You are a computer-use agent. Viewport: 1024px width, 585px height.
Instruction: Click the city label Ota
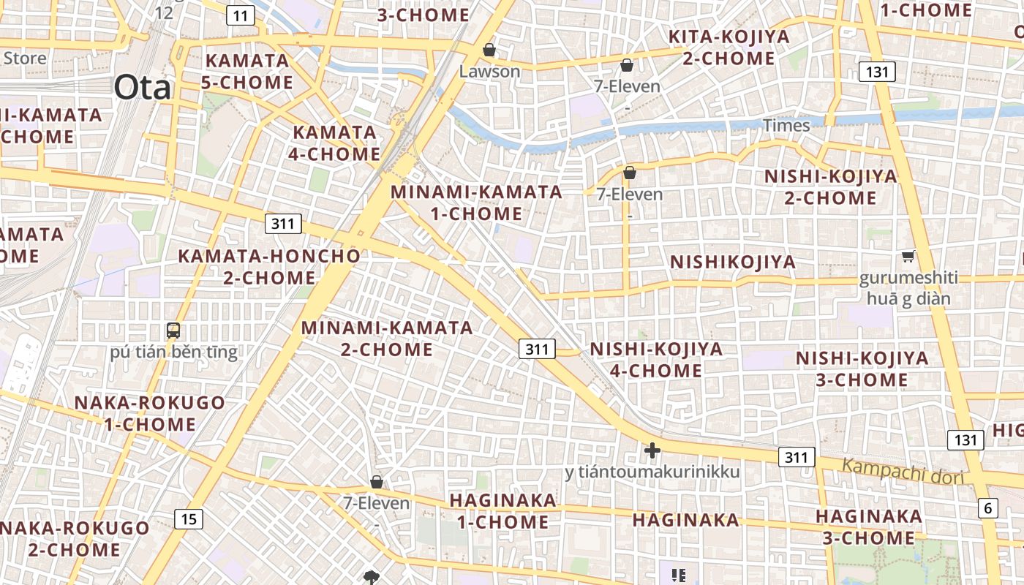click(142, 88)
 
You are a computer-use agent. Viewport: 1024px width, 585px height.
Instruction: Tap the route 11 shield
click(241, 15)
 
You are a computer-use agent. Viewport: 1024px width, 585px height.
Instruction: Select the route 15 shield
click(189, 519)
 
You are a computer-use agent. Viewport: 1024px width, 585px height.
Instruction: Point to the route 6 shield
click(988, 507)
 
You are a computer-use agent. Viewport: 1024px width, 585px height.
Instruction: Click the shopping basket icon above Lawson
click(489, 50)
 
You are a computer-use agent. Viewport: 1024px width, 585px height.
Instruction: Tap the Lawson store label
click(489, 71)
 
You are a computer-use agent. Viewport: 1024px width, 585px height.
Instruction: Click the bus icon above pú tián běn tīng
click(173, 331)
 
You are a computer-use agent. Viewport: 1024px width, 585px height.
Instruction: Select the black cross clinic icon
click(652, 450)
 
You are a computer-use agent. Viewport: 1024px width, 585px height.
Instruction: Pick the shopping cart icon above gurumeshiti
click(908, 256)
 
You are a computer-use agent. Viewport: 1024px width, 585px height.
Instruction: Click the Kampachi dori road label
click(903, 471)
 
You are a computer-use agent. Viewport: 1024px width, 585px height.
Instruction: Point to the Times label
click(786, 125)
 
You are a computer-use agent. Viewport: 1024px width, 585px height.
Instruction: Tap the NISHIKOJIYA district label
click(733, 262)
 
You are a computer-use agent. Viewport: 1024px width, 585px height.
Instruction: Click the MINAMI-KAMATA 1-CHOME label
click(477, 203)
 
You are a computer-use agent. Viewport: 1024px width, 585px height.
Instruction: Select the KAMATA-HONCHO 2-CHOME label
click(269, 267)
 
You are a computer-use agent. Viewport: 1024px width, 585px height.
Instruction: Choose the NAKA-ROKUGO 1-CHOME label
click(149, 413)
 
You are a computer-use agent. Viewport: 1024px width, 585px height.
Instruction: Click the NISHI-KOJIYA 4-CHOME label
click(656, 359)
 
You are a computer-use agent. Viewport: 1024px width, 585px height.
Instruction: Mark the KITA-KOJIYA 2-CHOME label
click(729, 47)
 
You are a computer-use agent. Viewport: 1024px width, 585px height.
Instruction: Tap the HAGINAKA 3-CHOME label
click(869, 526)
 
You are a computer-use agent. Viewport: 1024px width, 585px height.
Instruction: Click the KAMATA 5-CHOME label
click(247, 71)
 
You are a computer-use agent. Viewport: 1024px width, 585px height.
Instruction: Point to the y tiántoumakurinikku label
click(652, 472)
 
